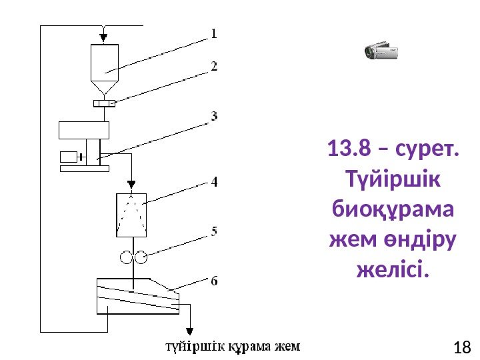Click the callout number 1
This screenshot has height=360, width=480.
click(x=214, y=33)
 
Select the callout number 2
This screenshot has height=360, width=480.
click(x=214, y=67)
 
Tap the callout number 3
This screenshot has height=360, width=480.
click(x=214, y=115)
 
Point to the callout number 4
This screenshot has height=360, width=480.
click(x=214, y=181)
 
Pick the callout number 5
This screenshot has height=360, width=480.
click(x=214, y=232)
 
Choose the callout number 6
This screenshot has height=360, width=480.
click(x=214, y=281)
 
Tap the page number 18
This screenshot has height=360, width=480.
click(x=461, y=347)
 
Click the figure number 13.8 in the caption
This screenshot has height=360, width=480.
click(x=349, y=150)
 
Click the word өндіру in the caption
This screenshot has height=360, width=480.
click(x=415, y=241)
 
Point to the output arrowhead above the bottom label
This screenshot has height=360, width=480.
click(x=189, y=331)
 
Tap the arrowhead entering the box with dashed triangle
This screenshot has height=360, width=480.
click(x=131, y=183)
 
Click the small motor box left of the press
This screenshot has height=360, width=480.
click(x=68, y=157)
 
